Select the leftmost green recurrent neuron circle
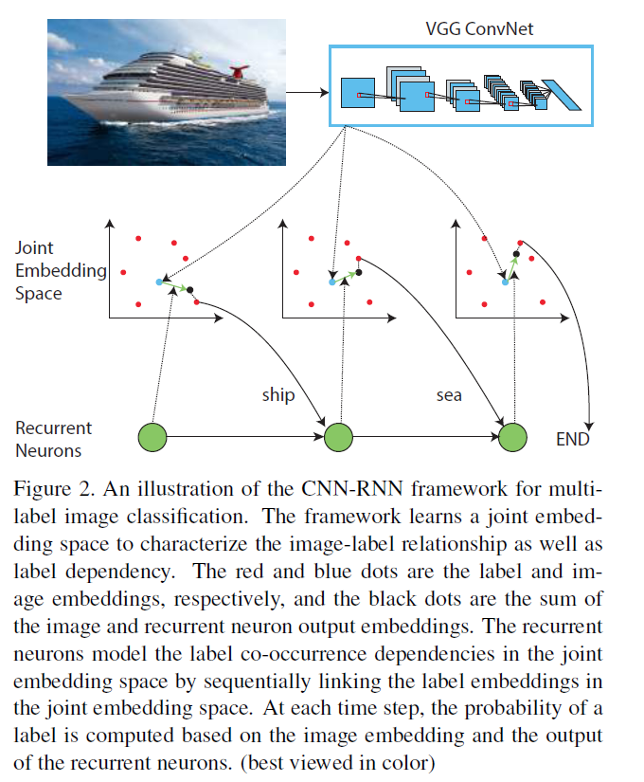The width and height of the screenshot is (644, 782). point(152,437)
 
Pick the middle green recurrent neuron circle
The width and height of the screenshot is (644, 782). point(338,437)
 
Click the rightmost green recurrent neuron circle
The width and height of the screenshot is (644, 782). point(512,437)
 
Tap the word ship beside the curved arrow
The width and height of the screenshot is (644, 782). point(278,393)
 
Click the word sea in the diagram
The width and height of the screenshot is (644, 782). point(449,393)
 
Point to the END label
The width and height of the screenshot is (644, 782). point(572,440)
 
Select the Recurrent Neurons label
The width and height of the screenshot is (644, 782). point(53,440)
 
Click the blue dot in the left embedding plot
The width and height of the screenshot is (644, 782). point(159,282)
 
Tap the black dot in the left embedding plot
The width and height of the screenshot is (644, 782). point(189,289)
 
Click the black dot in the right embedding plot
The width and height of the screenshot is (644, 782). point(515,254)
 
